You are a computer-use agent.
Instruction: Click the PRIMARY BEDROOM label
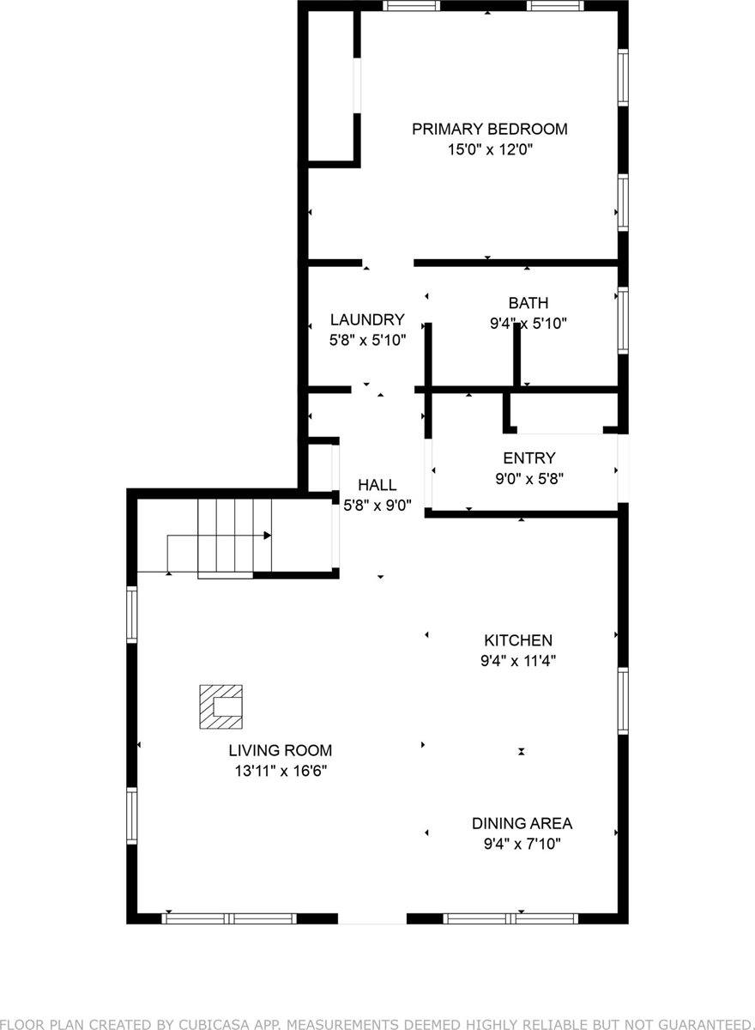489,130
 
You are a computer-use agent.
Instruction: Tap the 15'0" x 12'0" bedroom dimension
489,149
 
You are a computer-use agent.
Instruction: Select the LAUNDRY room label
367,320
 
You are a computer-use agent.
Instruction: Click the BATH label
528,303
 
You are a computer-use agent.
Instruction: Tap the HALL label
377,486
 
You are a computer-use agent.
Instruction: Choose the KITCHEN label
518,640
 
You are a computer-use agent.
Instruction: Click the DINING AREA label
522,823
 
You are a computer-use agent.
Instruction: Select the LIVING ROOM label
281,750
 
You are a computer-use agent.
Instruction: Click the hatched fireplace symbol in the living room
220,706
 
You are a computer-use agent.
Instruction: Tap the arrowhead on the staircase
268,536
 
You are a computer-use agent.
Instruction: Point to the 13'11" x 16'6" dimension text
281,771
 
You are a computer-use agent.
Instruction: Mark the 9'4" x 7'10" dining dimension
522,844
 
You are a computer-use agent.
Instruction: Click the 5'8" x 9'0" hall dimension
377,506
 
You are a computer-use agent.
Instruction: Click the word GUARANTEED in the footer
701,1024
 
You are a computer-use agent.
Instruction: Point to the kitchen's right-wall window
623,700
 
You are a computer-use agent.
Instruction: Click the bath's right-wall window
623,321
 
